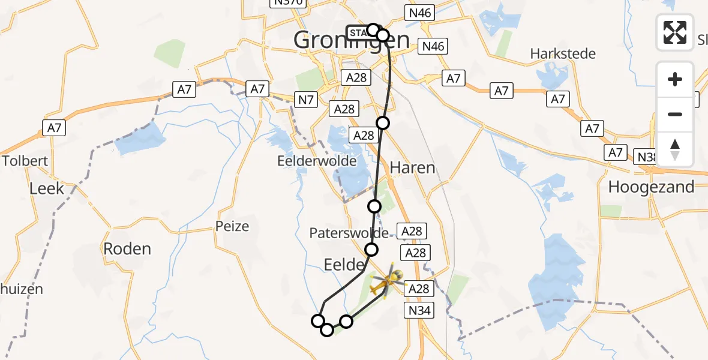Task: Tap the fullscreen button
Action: pos(675,32)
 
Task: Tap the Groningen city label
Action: pos(352,41)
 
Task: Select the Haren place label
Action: pos(412,167)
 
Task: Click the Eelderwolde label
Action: pos(317,161)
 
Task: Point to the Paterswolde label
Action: pos(350,233)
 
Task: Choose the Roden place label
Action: pos(127,248)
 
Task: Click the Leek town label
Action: pos(46,188)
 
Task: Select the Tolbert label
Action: pos(25,161)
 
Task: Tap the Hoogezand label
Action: pos(651,187)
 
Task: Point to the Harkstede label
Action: pos(563,54)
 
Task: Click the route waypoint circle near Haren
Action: pos(383,123)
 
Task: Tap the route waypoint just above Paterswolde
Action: pos(374,206)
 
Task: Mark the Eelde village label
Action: pos(344,265)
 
